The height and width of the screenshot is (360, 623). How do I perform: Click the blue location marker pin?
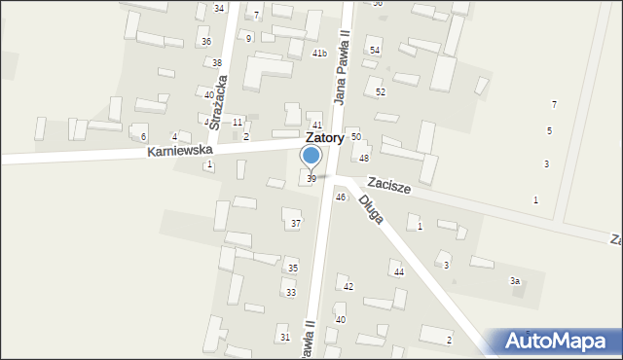point(311,156)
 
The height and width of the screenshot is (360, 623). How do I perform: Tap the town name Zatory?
point(324,139)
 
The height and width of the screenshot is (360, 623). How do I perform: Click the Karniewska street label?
point(180,152)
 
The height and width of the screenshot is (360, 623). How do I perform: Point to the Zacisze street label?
point(388,185)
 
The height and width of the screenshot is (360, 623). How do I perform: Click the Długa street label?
point(370,209)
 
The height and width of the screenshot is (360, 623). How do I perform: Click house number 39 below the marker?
point(311,179)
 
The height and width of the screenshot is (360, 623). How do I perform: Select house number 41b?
point(319,54)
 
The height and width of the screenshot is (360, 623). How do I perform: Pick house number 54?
point(375,50)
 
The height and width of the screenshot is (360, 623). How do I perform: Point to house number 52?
point(381,91)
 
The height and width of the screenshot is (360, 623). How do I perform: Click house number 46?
point(340,198)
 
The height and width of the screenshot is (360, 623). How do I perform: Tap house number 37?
point(296,224)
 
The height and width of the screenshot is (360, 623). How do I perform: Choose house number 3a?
point(515,281)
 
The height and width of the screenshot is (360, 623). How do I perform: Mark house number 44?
point(398,272)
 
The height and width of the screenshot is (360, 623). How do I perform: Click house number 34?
point(219,8)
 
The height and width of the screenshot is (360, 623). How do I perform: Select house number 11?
point(238,123)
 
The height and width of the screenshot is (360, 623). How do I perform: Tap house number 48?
point(364,158)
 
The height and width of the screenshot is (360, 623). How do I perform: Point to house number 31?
point(284,337)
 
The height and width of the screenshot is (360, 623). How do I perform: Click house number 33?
point(290,293)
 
